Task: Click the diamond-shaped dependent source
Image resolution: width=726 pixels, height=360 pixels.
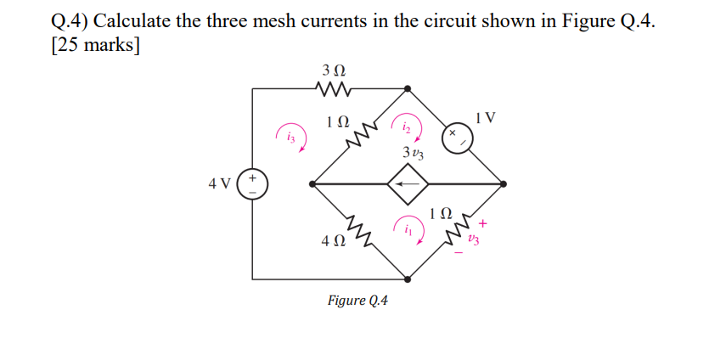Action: (408, 183)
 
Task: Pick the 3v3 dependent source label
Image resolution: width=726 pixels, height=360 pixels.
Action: (414, 155)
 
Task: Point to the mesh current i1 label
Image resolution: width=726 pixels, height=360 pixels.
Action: (408, 229)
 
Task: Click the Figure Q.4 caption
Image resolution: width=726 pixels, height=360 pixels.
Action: (357, 301)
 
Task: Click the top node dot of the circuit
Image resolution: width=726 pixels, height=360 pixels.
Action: (408, 87)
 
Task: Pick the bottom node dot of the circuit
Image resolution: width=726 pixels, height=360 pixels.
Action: (408, 278)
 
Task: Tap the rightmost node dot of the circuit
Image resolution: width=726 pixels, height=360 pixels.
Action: (504, 183)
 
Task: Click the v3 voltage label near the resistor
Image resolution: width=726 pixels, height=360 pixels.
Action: (473, 241)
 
